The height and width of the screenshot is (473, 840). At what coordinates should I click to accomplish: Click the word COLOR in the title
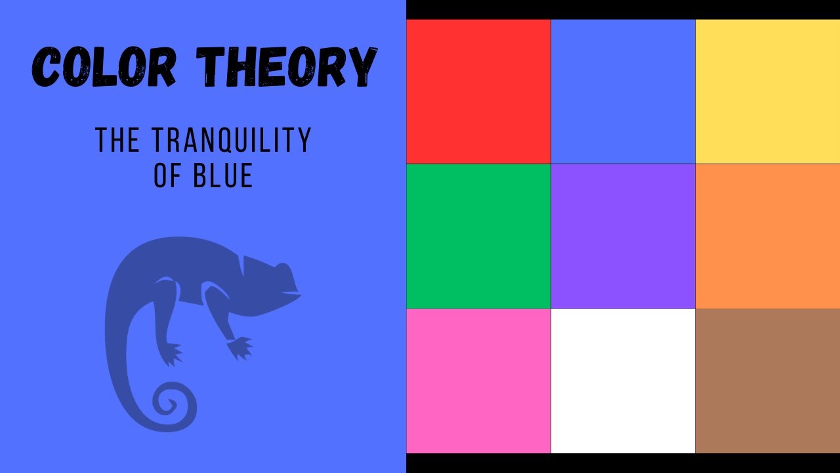(x=104, y=67)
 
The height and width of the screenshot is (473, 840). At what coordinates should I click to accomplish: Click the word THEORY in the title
(x=287, y=67)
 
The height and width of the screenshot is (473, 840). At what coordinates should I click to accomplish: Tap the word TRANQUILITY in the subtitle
(x=231, y=141)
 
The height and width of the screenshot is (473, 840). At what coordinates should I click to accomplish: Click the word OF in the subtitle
(x=167, y=175)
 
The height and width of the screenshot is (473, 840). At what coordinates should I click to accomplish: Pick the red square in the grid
(x=478, y=91)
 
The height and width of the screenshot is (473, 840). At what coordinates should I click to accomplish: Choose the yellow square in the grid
(x=767, y=91)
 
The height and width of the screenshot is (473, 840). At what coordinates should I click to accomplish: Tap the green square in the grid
(x=478, y=236)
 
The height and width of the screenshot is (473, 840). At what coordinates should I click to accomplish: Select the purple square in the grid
(x=623, y=236)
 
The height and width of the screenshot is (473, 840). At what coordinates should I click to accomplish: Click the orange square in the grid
(x=767, y=236)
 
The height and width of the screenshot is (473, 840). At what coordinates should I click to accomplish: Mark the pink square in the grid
(x=478, y=380)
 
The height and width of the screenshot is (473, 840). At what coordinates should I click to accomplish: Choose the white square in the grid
(x=623, y=380)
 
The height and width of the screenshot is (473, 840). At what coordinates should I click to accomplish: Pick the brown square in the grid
(x=767, y=380)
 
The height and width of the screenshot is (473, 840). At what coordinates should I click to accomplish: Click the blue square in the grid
(x=623, y=91)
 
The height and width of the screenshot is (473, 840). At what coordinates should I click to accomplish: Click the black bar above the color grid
(x=623, y=9)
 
